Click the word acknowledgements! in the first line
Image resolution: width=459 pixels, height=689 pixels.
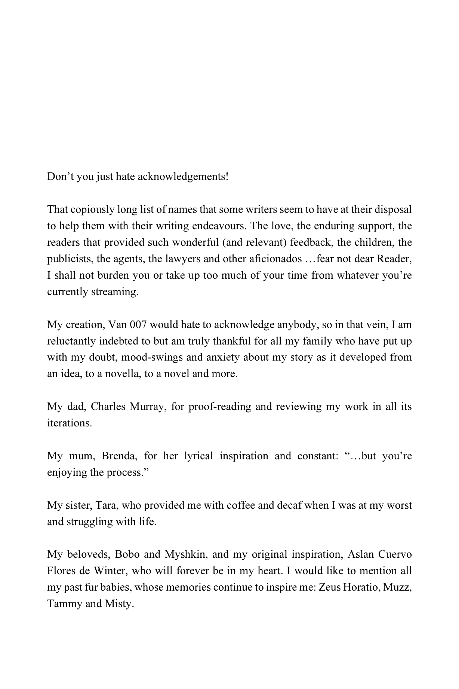183,177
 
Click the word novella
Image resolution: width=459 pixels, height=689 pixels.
117,374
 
